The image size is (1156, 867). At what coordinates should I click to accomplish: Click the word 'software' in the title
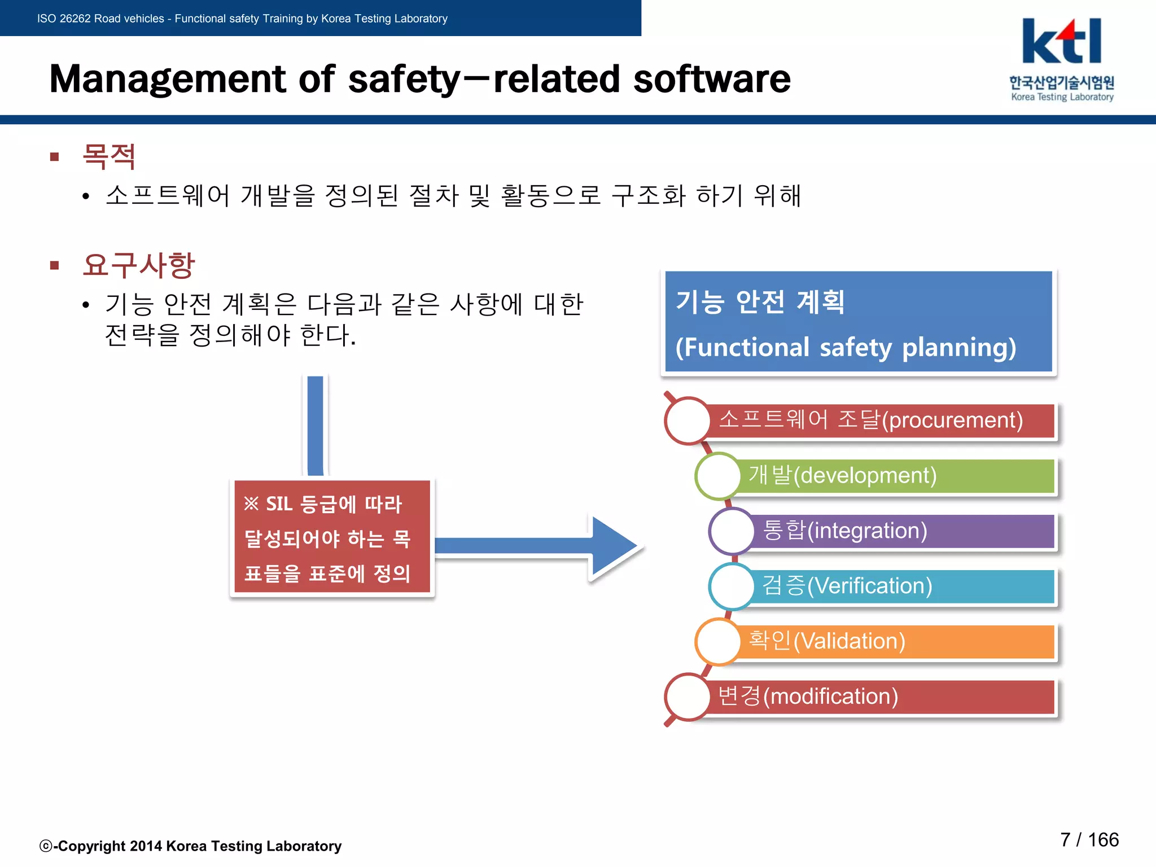pos(712,79)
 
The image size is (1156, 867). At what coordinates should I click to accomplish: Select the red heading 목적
pos(109,156)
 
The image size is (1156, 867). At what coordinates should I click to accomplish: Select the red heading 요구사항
pos(139,265)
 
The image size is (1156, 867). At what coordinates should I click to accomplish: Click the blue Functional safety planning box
pos(858,322)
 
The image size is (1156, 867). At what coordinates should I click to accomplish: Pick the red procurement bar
pos(881,421)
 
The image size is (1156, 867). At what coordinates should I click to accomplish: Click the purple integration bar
pos(903,531)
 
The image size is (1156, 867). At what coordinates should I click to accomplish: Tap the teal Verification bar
pos(903,586)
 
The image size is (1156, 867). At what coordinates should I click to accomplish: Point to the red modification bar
pos(881,697)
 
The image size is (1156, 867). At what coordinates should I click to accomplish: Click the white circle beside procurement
pos(688,421)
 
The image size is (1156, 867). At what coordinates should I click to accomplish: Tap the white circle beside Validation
pos(718,642)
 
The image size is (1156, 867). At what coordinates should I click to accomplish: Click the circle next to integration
pos(732,531)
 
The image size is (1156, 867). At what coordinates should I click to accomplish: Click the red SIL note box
pos(332,537)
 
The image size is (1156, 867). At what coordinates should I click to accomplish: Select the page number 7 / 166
pos(1089,840)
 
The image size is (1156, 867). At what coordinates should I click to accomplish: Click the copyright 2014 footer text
pos(191,846)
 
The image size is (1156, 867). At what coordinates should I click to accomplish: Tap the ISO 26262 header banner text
pos(242,19)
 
